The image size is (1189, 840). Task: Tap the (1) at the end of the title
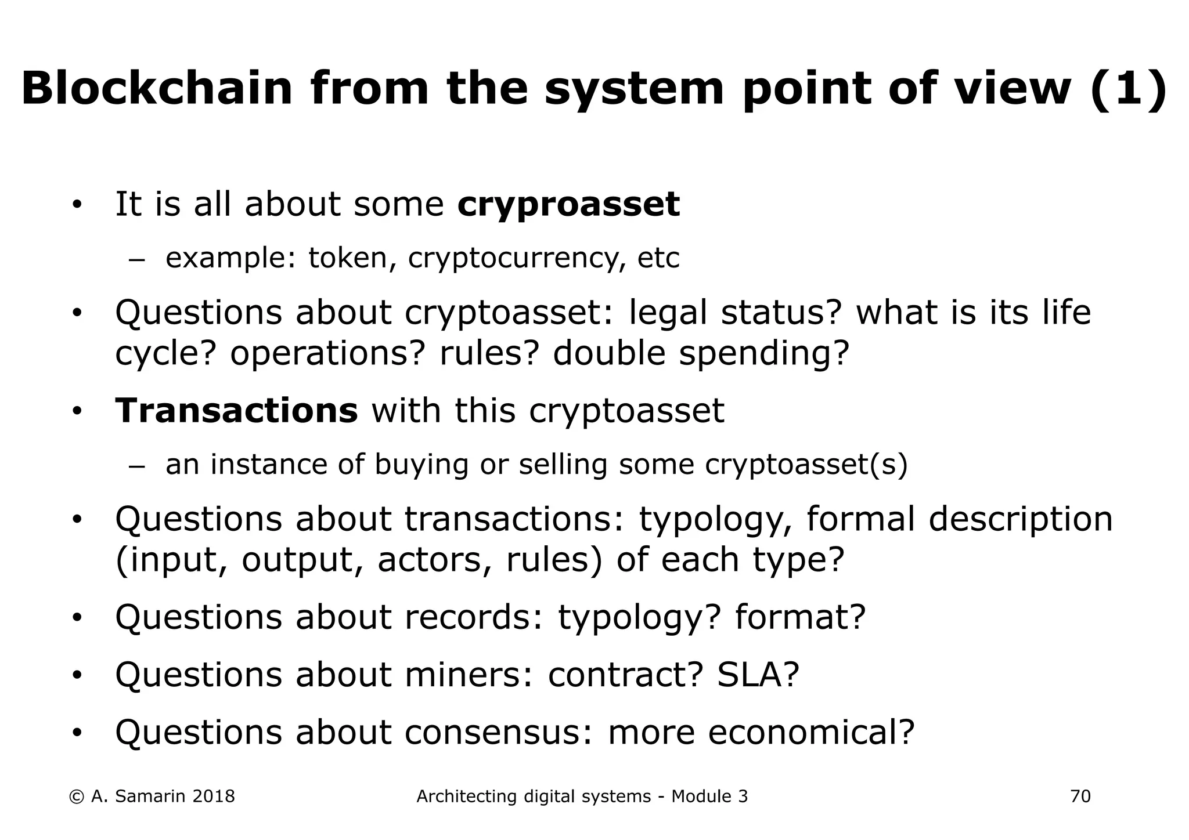pos(1129,88)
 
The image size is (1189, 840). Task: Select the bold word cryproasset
pos(568,205)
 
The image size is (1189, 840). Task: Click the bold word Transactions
pos(236,411)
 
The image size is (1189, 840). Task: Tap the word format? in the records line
pos(800,617)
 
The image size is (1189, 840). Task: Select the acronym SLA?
pos(758,675)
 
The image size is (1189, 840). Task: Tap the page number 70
pos(1080,796)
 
